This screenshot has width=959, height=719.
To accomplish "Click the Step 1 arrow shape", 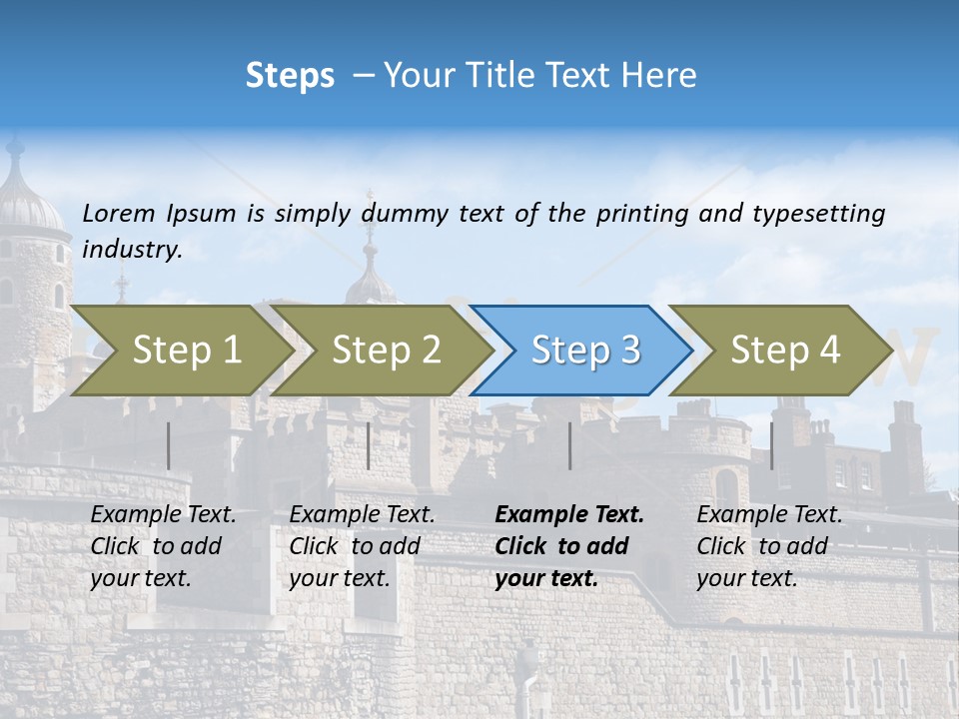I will click(x=180, y=351).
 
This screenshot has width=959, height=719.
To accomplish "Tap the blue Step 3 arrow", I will click(x=581, y=351).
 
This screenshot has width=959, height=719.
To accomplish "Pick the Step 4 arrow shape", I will click(x=781, y=351).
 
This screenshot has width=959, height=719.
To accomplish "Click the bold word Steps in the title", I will click(x=290, y=76).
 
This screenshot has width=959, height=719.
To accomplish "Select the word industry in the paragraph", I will click(x=132, y=250).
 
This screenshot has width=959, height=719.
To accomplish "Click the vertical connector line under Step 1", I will click(x=169, y=445).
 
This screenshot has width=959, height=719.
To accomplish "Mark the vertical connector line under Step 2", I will click(x=369, y=445).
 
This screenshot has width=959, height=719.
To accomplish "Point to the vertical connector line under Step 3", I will click(x=570, y=445).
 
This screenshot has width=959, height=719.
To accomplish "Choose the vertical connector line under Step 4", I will click(x=771, y=445).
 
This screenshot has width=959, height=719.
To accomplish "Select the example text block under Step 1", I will click(x=163, y=546).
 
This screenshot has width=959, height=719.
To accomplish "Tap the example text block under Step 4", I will click(x=769, y=546).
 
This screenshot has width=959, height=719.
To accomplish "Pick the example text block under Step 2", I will click(x=362, y=546).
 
